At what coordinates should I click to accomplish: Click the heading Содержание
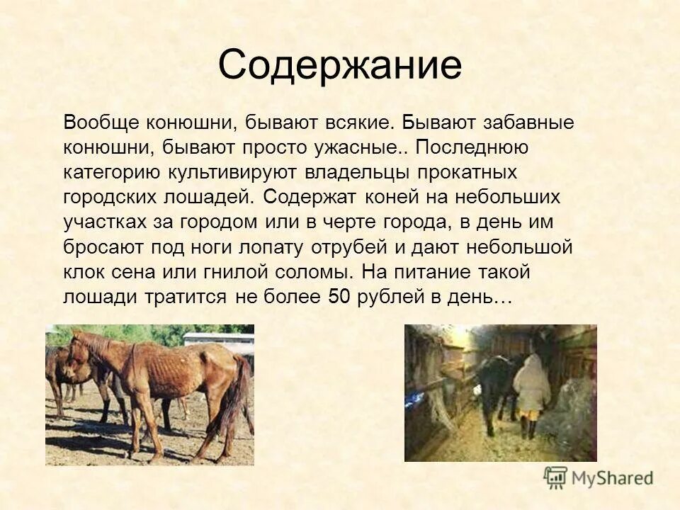340,65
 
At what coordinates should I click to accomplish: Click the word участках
106,222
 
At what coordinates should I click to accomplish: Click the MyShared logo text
612,477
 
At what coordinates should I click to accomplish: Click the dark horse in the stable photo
496,382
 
